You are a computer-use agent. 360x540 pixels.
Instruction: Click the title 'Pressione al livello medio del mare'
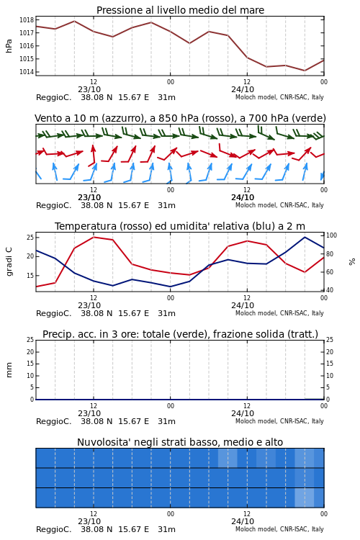point(180,10)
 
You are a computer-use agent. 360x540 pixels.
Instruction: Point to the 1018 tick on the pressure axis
point(27,20)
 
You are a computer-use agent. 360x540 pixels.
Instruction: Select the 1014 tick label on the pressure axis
point(27,72)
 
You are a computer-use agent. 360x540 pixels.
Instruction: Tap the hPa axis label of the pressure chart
point(9,46)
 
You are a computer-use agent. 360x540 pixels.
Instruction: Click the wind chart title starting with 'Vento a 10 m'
point(180,118)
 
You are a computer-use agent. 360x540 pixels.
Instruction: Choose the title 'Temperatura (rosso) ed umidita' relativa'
point(180,226)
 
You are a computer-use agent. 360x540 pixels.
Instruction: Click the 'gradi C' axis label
point(9,262)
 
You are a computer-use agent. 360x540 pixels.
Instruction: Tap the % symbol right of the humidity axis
point(352,262)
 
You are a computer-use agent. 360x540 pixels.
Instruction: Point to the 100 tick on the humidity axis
point(331,235)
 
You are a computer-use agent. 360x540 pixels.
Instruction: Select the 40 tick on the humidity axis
point(330,290)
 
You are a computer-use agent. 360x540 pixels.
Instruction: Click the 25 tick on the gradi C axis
point(30,238)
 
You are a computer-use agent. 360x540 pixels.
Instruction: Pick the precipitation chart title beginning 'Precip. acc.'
point(180,334)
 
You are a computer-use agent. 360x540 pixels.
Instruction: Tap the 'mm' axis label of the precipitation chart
point(9,370)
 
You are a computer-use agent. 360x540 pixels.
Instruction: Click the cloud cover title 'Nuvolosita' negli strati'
point(180,442)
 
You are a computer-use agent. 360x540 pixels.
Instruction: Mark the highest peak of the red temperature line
point(94,237)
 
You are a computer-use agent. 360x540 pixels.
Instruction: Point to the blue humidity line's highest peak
point(305,237)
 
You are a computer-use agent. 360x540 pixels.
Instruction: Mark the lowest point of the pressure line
point(305,71)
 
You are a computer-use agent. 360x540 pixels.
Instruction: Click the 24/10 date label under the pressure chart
point(243,89)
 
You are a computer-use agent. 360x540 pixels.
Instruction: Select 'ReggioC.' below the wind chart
point(54,206)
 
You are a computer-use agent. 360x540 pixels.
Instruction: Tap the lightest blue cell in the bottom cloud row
point(304,498)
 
